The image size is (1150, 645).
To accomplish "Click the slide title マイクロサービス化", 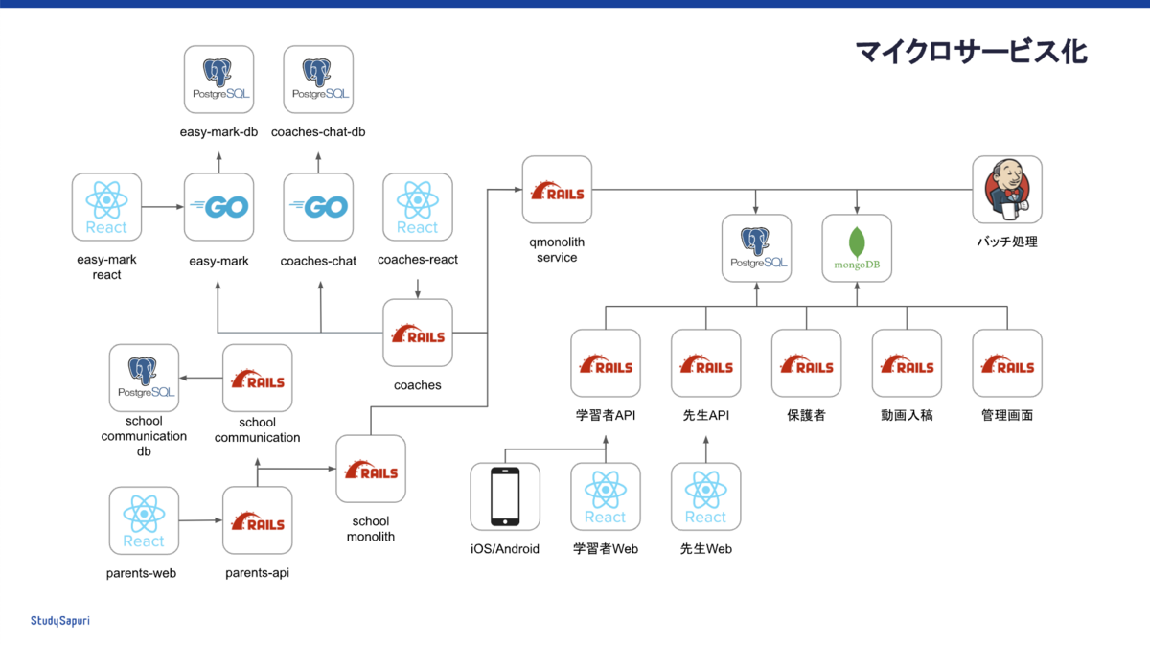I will pyautogui.click(x=971, y=51).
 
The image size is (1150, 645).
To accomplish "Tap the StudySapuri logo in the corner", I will pyautogui.click(x=59, y=620).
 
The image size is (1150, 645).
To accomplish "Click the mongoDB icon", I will pyautogui.click(x=857, y=248).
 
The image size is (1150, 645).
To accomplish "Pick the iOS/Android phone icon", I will pyautogui.click(x=505, y=496).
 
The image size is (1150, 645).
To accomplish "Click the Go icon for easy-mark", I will pyautogui.click(x=218, y=207).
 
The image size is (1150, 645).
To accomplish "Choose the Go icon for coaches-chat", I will pyautogui.click(x=319, y=207).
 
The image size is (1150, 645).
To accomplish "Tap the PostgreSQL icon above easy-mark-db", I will pyautogui.click(x=218, y=81).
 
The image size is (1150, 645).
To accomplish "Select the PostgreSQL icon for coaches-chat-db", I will pyautogui.click(x=319, y=81).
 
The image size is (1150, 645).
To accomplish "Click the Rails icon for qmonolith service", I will pyautogui.click(x=558, y=192).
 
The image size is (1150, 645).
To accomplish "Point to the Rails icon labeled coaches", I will pyautogui.click(x=418, y=333).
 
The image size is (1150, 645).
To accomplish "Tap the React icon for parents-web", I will pyautogui.click(x=144, y=520).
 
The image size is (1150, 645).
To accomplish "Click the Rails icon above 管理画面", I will pyautogui.click(x=1007, y=363).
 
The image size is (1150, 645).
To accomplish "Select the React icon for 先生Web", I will pyautogui.click(x=705, y=496).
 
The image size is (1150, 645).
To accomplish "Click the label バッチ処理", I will pyautogui.click(x=1007, y=242).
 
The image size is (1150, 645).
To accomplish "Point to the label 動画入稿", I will pyautogui.click(x=907, y=415).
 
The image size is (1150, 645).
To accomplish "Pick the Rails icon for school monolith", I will pyautogui.click(x=371, y=470).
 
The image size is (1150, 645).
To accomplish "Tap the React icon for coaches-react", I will pyautogui.click(x=418, y=207).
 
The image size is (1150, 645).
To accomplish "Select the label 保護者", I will pyautogui.click(x=806, y=415).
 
